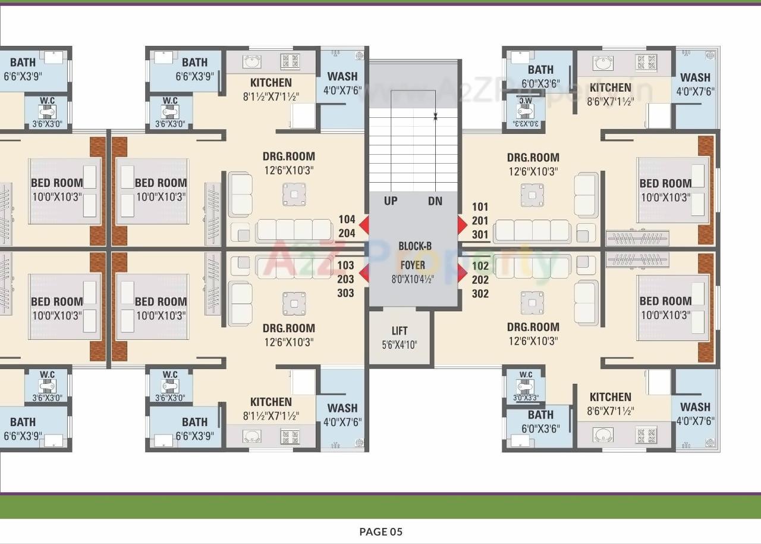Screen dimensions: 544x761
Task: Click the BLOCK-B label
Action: click(415, 246)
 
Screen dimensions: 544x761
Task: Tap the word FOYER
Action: click(413, 264)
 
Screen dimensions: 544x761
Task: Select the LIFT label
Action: click(400, 331)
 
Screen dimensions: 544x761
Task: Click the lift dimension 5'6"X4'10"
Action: click(400, 344)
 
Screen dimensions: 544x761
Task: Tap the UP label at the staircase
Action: click(391, 201)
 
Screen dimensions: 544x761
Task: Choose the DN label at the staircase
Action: click(435, 201)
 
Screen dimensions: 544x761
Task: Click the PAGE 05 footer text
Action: click(380, 532)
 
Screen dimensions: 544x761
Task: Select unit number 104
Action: click(347, 220)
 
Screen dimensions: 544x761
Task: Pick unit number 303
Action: click(345, 293)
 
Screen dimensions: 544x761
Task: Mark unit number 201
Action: click(480, 221)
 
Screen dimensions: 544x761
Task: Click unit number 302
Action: click(480, 293)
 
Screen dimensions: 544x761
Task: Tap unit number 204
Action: click(347, 233)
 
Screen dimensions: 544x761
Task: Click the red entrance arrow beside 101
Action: click(463, 225)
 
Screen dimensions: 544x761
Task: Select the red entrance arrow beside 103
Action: click(363, 273)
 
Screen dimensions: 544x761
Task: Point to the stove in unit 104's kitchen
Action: click(290, 61)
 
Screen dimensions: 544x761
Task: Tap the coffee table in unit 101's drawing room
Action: click(532, 195)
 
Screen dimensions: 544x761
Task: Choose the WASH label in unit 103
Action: click(342, 408)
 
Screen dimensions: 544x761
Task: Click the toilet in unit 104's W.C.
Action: click(170, 111)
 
